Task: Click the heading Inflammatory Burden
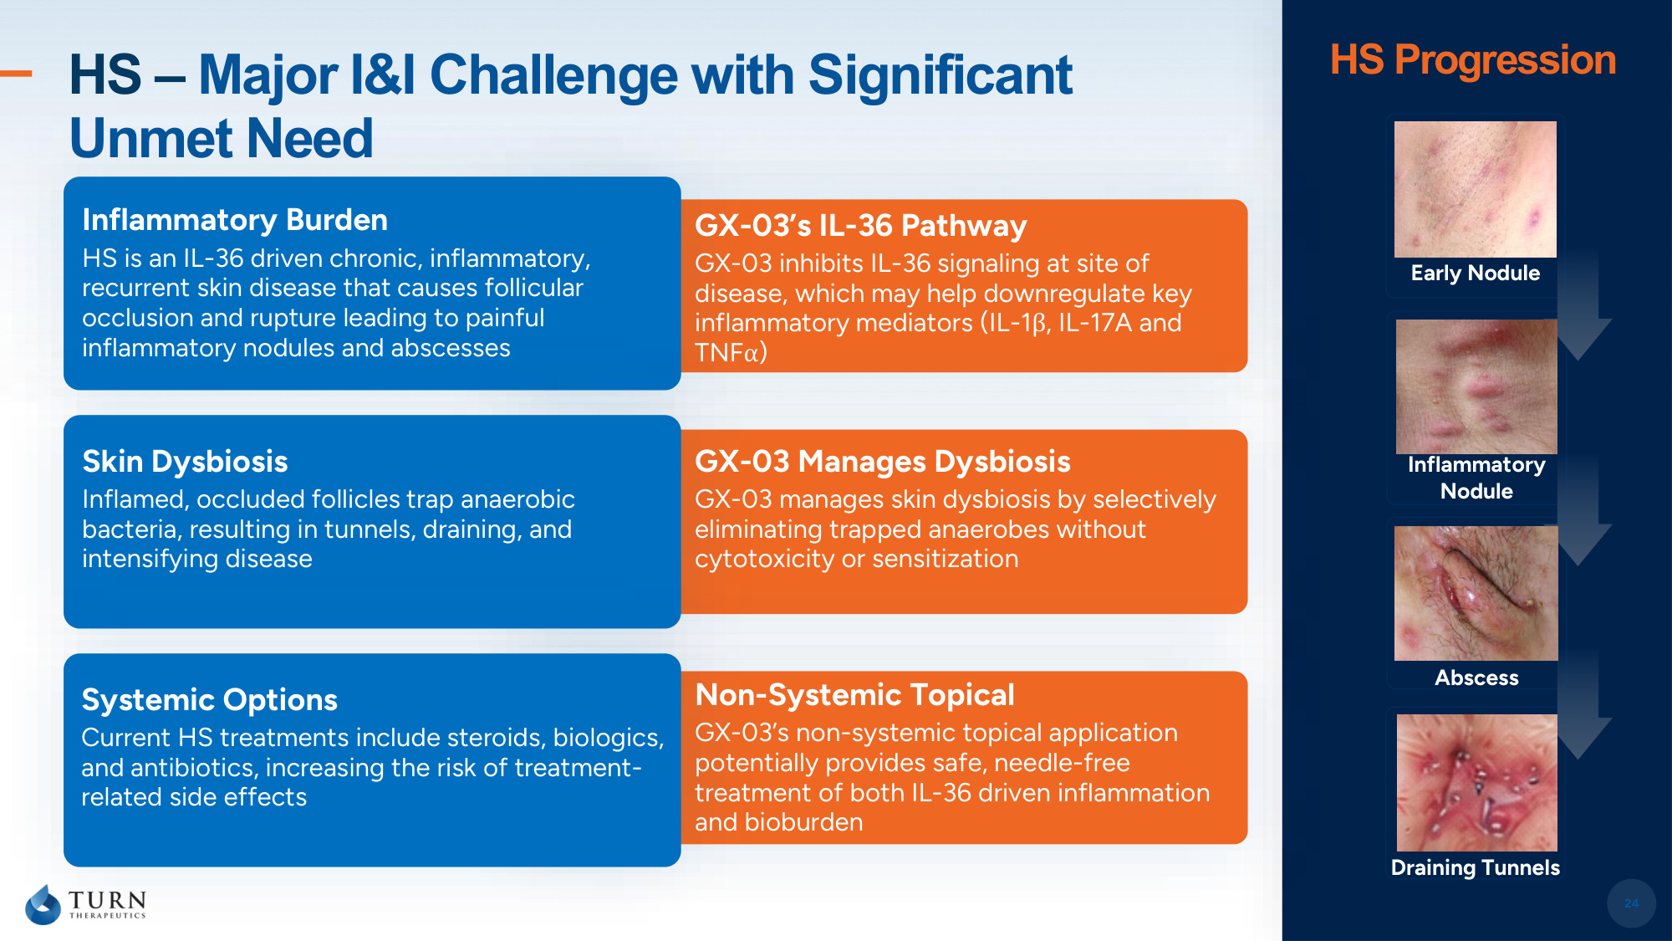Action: tap(235, 220)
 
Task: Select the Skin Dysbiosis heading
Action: tap(185, 462)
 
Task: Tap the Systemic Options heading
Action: tap(209, 700)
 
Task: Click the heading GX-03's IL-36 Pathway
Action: tap(860, 226)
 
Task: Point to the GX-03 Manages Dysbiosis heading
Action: tap(882, 462)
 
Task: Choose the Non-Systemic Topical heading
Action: tap(854, 695)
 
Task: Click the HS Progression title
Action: tap(1473, 60)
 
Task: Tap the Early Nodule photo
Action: tap(1476, 189)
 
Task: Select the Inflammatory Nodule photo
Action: tap(1476, 386)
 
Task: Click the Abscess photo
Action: tap(1476, 593)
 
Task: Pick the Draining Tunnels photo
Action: tap(1477, 783)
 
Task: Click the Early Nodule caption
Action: tap(1476, 274)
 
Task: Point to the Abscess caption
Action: tap(1476, 678)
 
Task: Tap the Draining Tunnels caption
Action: tap(1476, 867)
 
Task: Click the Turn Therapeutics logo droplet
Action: tap(43, 905)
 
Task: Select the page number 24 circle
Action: tap(1631, 903)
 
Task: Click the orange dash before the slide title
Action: tap(16, 74)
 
